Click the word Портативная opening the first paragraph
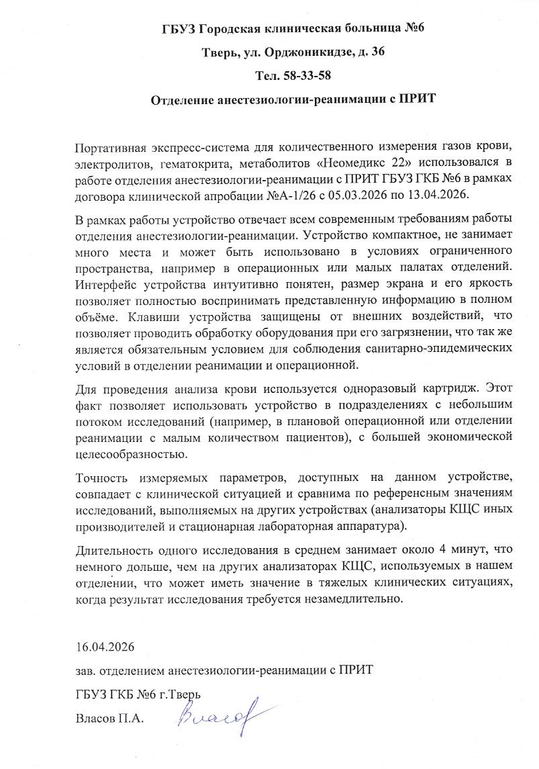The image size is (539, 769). click(x=113, y=146)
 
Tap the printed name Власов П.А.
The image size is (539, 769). click(x=110, y=718)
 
